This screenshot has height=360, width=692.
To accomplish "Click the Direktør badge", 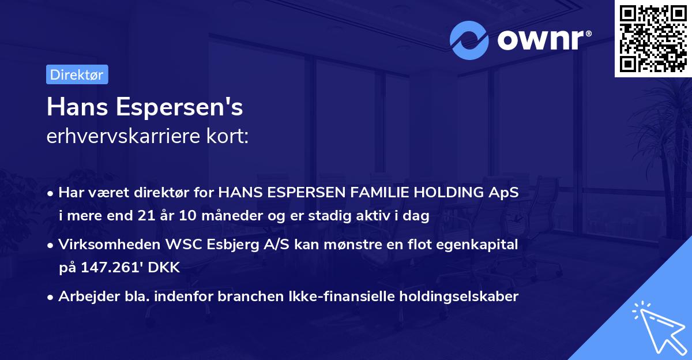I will tap(77, 74).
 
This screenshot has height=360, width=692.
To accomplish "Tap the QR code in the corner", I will tap(652, 39).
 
